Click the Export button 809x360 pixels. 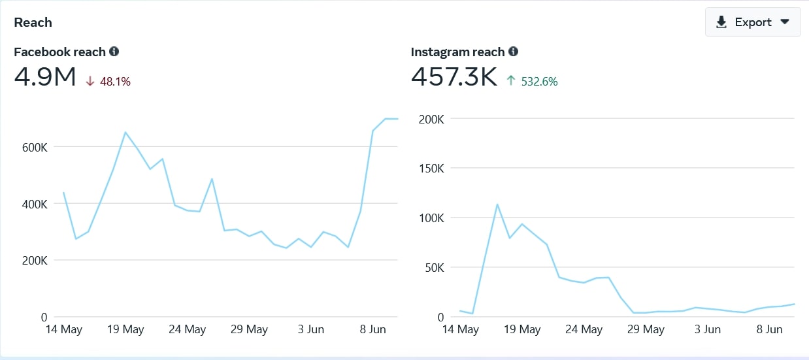click(753, 22)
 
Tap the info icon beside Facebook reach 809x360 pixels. click(114, 52)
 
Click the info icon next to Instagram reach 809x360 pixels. click(513, 52)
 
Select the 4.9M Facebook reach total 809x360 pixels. click(45, 76)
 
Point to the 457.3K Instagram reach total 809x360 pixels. click(454, 76)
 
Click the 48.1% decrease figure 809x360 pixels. click(115, 82)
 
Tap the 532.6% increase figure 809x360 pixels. click(539, 82)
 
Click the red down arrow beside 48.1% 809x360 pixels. click(90, 81)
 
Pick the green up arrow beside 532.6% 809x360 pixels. click(510, 80)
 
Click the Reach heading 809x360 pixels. click(33, 22)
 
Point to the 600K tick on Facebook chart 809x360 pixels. click(35, 147)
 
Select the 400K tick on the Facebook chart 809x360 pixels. click(35, 205)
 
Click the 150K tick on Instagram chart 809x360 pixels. click(431, 169)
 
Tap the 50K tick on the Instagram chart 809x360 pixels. click(435, 268)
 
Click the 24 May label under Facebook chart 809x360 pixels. click(187, 329)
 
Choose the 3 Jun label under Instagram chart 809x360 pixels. click(708, 329)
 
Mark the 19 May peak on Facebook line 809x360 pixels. click(125, 132)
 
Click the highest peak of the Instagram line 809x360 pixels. click(497, 205)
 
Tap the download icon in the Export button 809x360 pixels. click(721, 22)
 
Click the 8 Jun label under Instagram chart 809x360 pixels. click(770, 329)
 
